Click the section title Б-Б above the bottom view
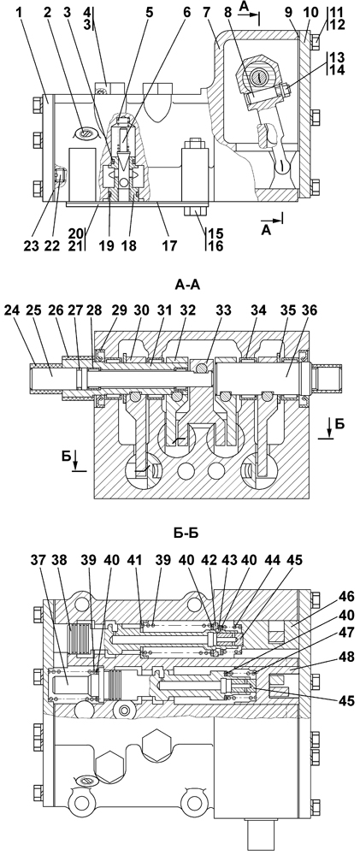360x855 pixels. coord(186,533)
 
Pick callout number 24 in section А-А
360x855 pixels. coord(12,310)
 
